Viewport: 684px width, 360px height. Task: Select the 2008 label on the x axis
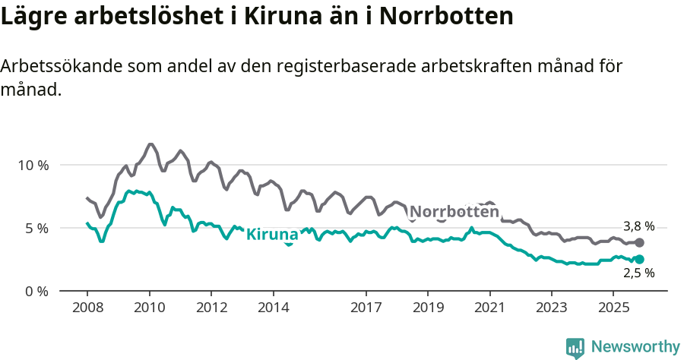coord(87,308)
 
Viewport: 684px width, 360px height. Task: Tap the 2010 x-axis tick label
coord(149,308)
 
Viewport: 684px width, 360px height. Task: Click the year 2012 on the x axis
coord(211,308)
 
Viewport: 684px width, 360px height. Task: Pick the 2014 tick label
coord(273,308)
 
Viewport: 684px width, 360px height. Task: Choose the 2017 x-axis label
coord(366,308)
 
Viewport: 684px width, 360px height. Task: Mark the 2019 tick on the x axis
coord(428,308)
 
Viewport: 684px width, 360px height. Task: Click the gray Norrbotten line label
coord(454,212)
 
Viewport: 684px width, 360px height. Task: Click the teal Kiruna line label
coord(272,234)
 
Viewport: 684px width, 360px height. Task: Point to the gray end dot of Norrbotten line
coord(639,242)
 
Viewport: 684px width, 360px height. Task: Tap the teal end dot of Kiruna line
coord(639,260)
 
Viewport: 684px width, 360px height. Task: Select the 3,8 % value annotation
coord(638,226)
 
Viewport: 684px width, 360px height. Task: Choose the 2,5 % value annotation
coord(638,274)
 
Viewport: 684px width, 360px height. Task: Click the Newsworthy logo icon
coord(575,347)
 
